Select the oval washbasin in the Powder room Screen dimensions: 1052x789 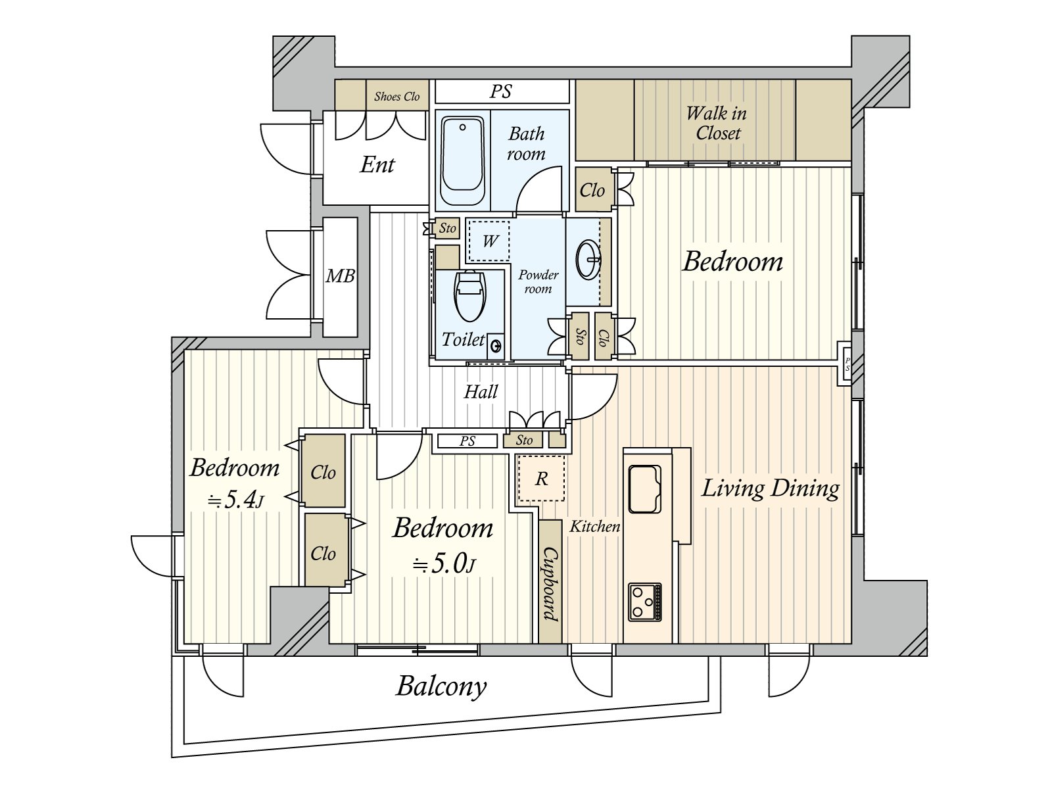click(x=588, y=260)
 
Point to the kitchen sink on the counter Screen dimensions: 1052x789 click(x=644, y=489)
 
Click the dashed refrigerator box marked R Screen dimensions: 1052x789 click(x=541, y=478)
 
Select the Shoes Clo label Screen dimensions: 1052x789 click(x=397, y=97)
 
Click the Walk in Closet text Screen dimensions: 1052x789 click(x=717, y=123)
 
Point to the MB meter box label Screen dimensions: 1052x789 click(x=340, y=276)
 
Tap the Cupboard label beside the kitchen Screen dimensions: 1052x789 click(x=550, y=585)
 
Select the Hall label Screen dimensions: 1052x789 click(x=481, y=392)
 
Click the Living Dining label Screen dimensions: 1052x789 click(x=770, y=489)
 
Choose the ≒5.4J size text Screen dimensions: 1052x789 click(x=235, y=500)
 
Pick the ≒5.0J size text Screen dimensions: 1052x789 click(x=444, y=565)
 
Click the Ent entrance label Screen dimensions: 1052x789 click(x=377, y=165)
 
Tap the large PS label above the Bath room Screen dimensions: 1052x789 click(x=500, y=91)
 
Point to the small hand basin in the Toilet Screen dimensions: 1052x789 click(x=496, y=345)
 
